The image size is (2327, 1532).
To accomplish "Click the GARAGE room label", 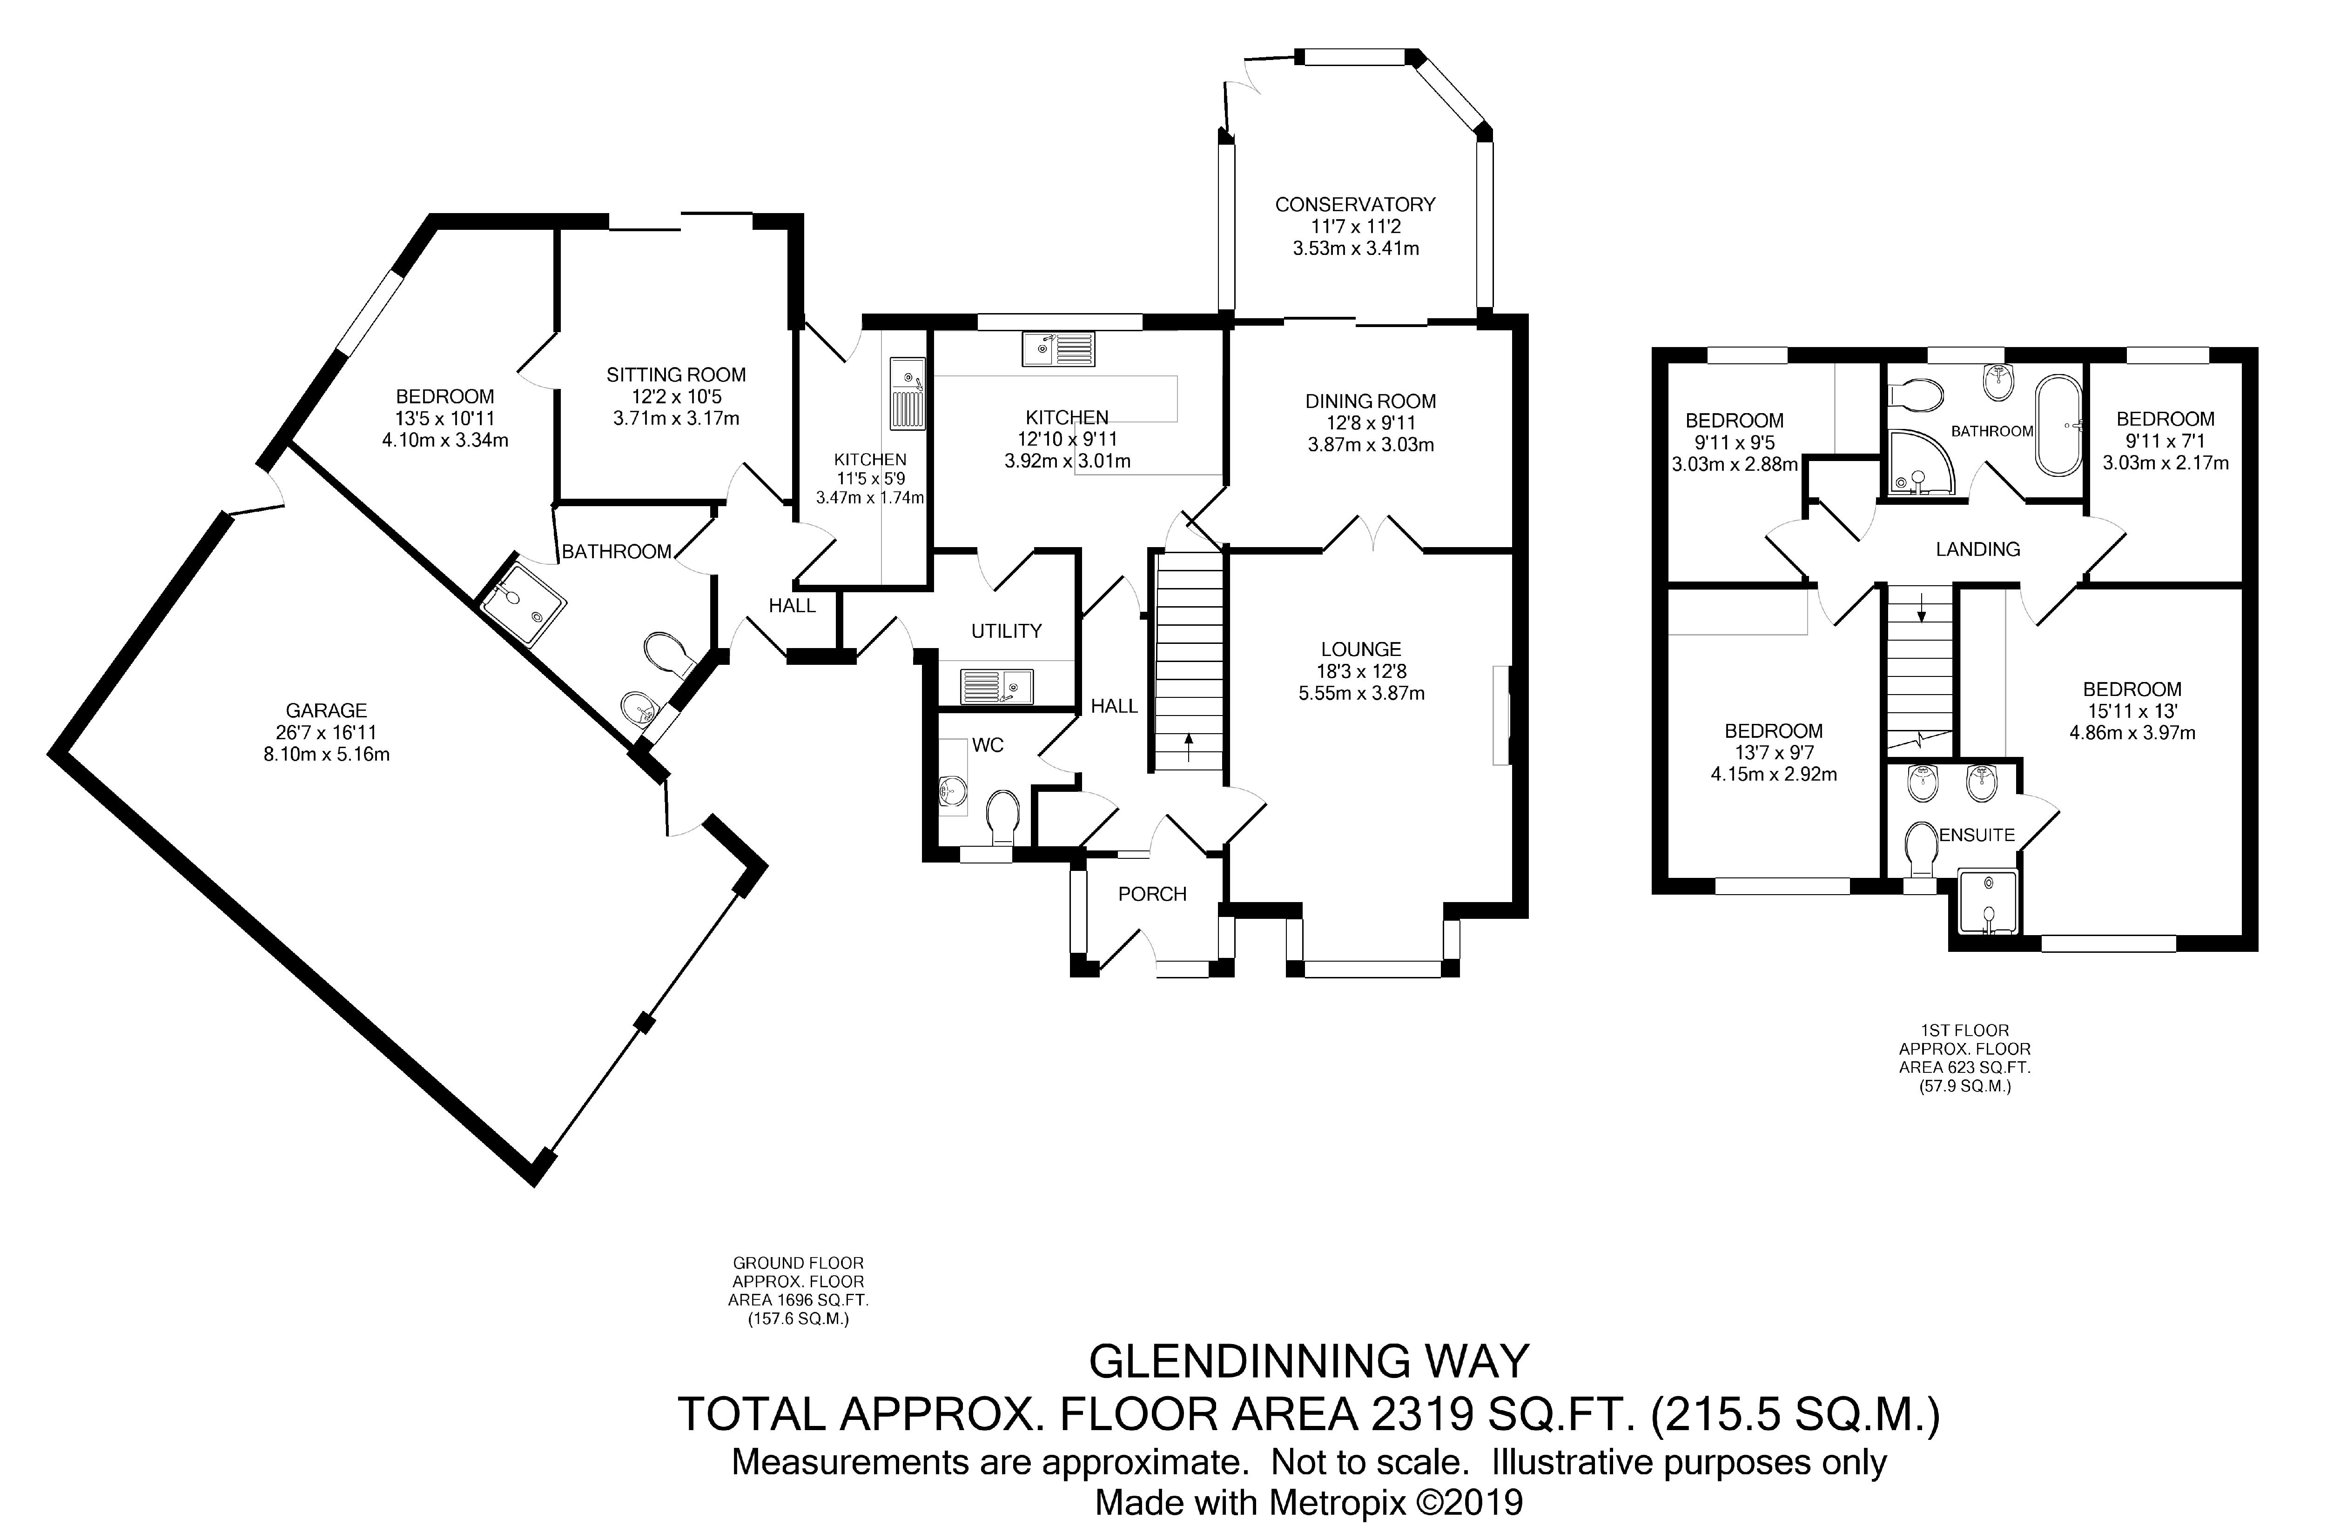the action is (327, 711).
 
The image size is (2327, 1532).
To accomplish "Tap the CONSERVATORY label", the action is (1355, 204).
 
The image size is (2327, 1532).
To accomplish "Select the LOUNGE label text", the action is (1361, 649).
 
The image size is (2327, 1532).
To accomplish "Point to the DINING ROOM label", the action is (1371, 401).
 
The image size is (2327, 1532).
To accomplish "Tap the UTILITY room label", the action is (1006, 630).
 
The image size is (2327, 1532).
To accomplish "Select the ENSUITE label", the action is (1977, 835).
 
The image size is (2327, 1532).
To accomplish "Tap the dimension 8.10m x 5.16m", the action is (327, 754).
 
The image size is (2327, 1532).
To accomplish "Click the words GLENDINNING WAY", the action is (1309, 1361).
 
